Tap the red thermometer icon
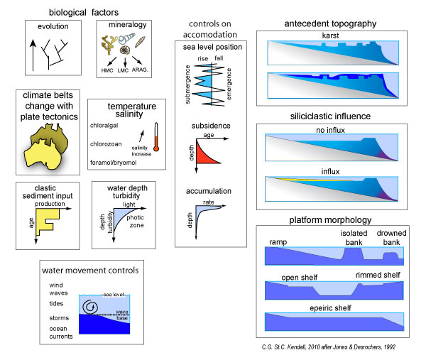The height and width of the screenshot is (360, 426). click(x=155, y=139)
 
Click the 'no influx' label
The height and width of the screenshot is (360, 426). click(x=332, y=129)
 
